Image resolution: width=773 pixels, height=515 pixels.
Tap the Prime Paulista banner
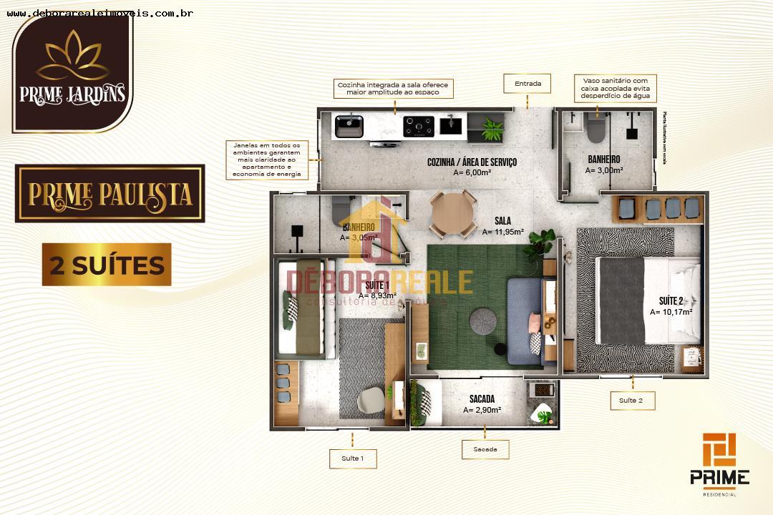pyautogui.click(x=110, y=193)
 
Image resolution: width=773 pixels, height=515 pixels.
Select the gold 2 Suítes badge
pyautogui.click(x=107, y=265)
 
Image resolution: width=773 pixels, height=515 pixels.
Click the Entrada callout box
pyautogui.click(x=528, y=84)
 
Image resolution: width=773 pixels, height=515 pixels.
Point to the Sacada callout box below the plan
pyautogui.click(x=485, y=449)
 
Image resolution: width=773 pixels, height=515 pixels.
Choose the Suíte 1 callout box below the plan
pyautogui.click(x=352, y=458)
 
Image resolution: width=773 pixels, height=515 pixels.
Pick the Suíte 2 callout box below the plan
pyautogui.click(x=632, y=401)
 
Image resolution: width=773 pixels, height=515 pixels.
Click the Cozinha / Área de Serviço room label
pyautogui.click(x=472, y=162)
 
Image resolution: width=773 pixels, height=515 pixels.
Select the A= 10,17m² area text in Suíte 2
pyautogui.click(x=671, y=312)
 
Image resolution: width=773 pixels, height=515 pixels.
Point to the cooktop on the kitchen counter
pyautogui.click(x=418, y=126)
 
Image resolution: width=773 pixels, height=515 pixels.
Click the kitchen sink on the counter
pyautogui.click(x=349, y=126)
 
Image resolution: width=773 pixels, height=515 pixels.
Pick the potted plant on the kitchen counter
pyautogui.click(x=493, y=129)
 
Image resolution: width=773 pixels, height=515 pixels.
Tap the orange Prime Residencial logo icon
pyautogui.click(x=719, y=449)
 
